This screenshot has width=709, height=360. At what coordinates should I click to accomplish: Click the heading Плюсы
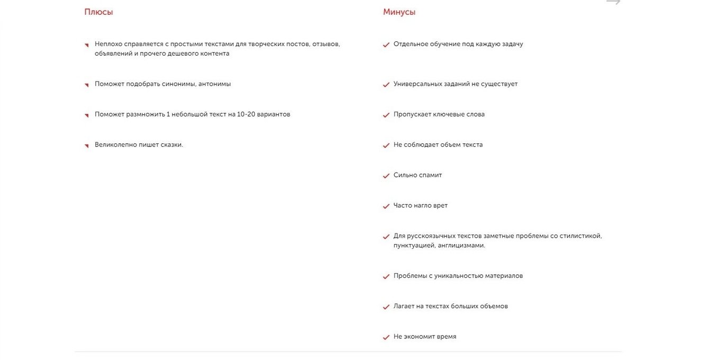pyautogui.click(x=98, y=12)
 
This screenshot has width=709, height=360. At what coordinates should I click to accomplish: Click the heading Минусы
pyautogui.click(x=399, y=12)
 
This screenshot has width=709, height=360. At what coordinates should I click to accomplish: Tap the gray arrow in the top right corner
pyautogui.click(x=613, y=3)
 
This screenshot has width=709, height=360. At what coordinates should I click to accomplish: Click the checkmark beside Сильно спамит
pyautogui.click(x=386, y=176)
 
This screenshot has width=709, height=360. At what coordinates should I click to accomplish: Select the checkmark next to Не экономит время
pyautogui.click(x=386, y=337)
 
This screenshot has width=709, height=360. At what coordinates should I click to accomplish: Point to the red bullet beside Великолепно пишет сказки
pyautogui.click(x=86, y=146)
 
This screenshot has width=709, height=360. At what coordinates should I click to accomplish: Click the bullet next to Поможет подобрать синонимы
pyautogui.click(x=86, y=85)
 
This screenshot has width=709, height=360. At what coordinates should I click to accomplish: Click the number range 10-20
pyautogui.click(x=247, y=114)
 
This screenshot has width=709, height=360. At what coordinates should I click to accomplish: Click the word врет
pyautogui.click(x=440, y=205)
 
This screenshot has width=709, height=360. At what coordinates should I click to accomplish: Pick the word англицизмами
pyautogui.click(x=461, y=246)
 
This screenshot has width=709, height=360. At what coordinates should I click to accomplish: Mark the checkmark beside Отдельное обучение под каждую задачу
pyautogui.click(x=386, y=45)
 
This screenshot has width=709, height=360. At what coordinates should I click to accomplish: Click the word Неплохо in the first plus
pyautogui.click(x=109, y=44)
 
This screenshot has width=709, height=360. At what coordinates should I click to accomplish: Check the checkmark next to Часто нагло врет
pyautogui.click(x=386, y=206)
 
